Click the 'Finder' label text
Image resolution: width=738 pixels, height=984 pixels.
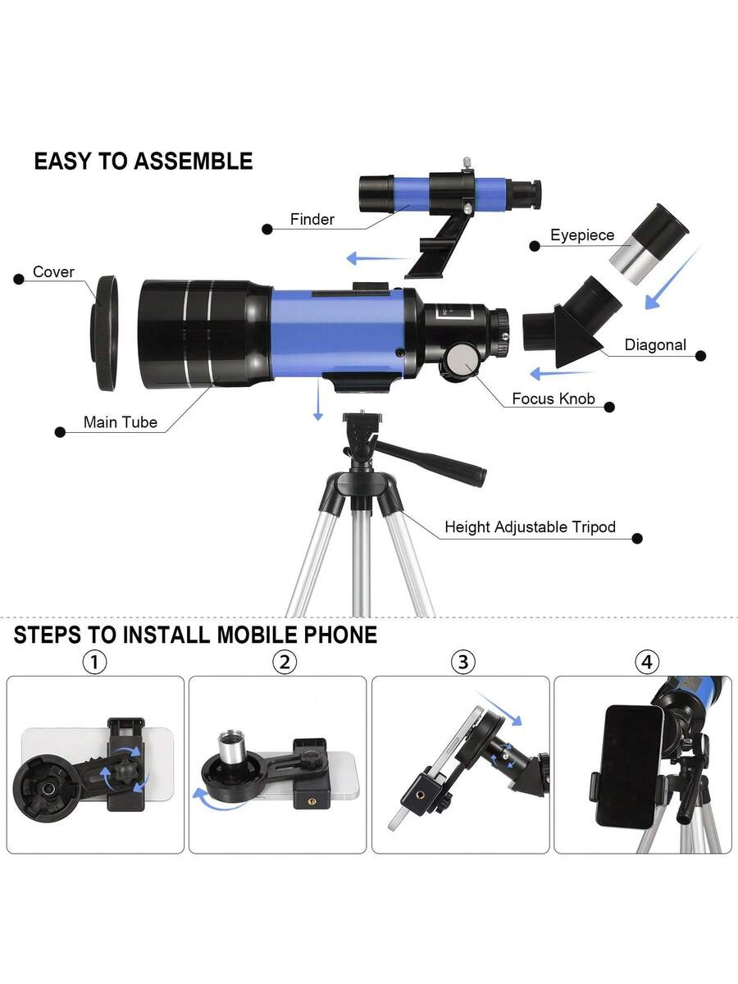tap(312, 219)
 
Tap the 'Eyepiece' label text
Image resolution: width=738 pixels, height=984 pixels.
tap(582, 235)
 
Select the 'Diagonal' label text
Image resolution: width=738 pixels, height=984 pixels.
tap(655, 344)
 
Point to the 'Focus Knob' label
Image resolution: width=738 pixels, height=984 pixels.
tap(553, 399)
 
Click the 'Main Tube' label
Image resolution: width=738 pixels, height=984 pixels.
tap(120, 422)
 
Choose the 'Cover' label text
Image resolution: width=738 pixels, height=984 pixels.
tap(53, 271)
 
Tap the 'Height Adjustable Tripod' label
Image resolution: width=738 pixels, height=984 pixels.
tap(530, 527)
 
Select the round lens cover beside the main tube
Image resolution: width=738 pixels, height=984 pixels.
tap(105, 333)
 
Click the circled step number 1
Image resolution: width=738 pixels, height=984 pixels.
tap(95, 662)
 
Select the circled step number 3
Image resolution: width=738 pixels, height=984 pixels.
tap(463, 662)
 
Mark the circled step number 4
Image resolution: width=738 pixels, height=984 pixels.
tap(647, 662)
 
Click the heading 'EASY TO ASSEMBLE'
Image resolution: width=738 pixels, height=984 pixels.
tap(143, 162)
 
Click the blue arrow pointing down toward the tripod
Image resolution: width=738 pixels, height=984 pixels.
tap(318, 399)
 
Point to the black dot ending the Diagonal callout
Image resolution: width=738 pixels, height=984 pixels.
tap(701, 356)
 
